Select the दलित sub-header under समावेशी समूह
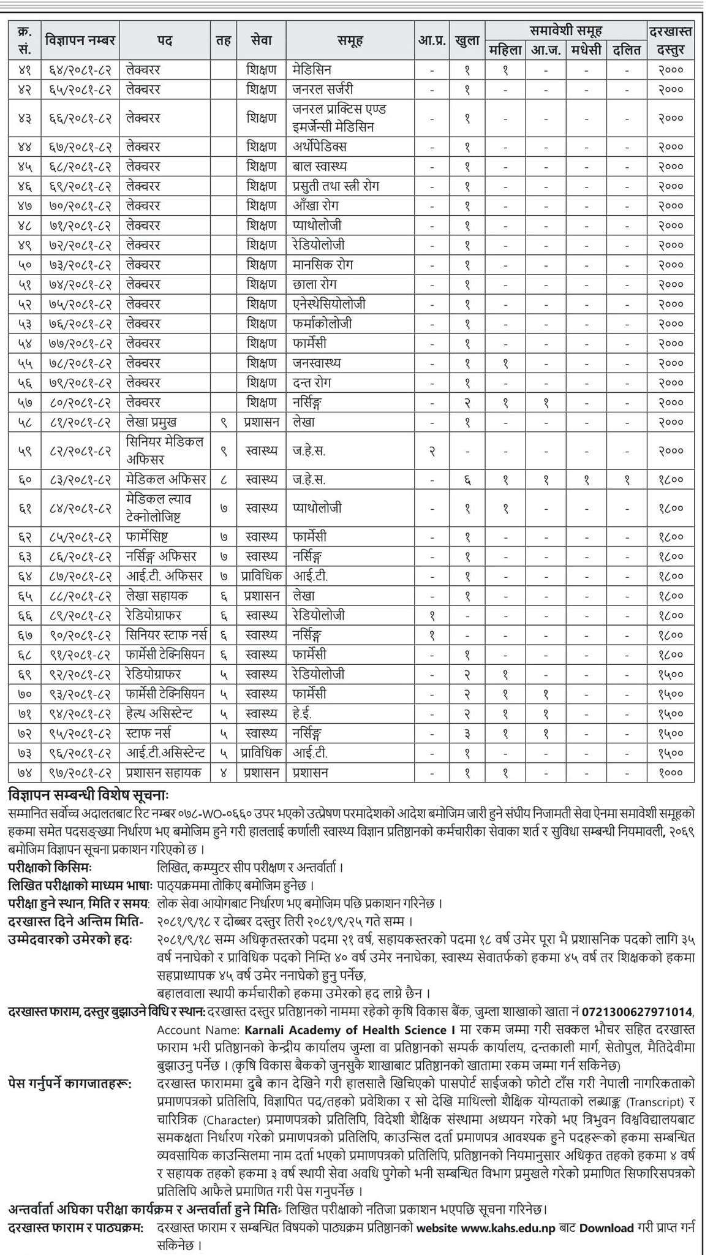click(x=627, y=50)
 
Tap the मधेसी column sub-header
click(x=586, y=50)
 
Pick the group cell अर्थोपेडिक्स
click(x=319, y=146)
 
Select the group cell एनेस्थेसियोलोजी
click(x=330, y=304)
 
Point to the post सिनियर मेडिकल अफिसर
click(x=164, y=450)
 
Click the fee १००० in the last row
click(x=671, y=773)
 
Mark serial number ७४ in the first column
click(x=25, y=773)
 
